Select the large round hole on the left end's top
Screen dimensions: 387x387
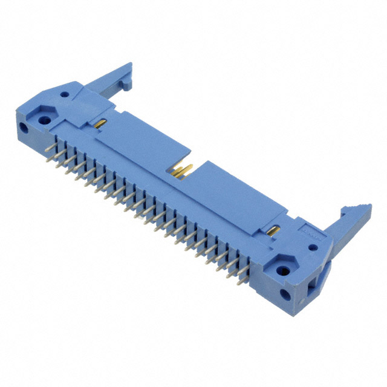[44, 120]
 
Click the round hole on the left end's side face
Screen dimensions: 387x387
[24, 129]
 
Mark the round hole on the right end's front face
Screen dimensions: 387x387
[285, 296]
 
